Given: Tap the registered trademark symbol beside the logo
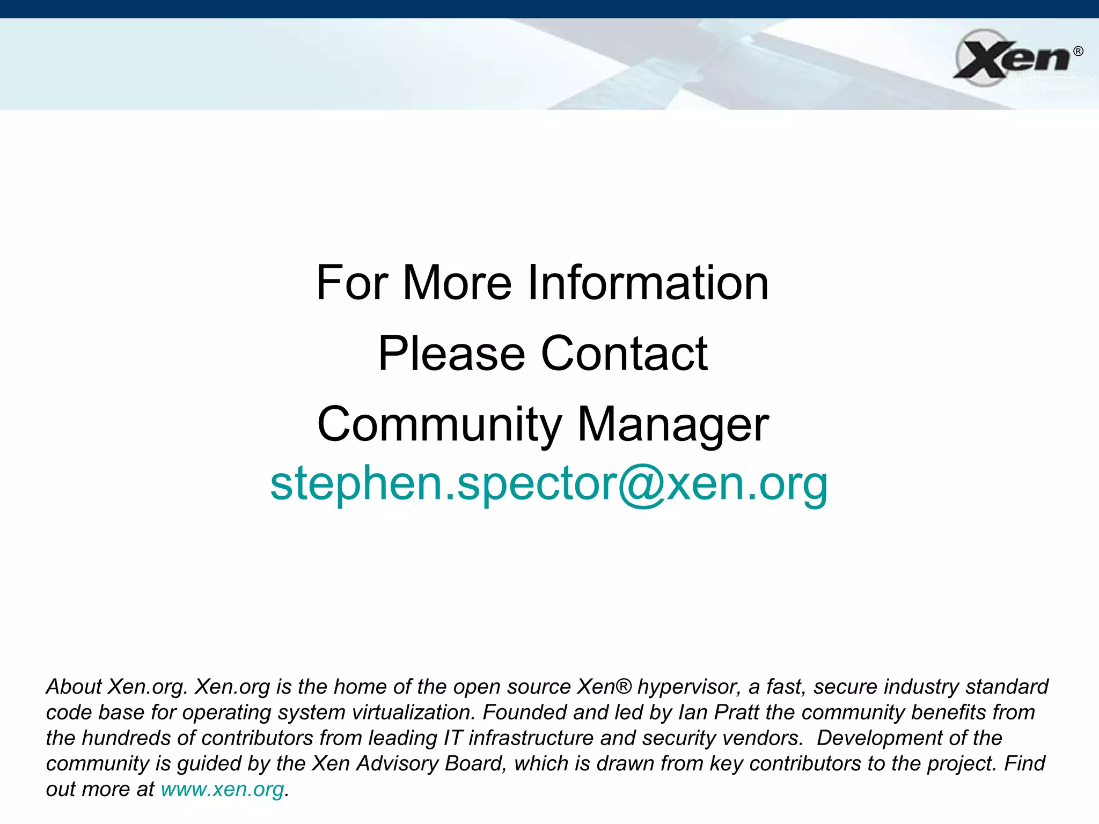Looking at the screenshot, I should click(x=1078, y=51).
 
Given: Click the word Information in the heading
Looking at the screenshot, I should click(x=648, y=283).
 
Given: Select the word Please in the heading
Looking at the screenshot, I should click(x=451, y=354).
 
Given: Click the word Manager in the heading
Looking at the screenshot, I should click(x=673, y=424).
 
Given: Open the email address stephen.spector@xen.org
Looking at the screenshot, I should click(x=549, y=483).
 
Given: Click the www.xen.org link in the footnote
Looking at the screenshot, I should click(x=222, y=789).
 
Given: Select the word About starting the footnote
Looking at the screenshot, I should click(x=74, y=687).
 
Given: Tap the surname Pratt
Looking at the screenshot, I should click(x=737, y=712).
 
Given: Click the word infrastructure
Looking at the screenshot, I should click(x=531, y=738).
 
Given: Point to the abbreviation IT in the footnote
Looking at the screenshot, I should click(x=453, y=738).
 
